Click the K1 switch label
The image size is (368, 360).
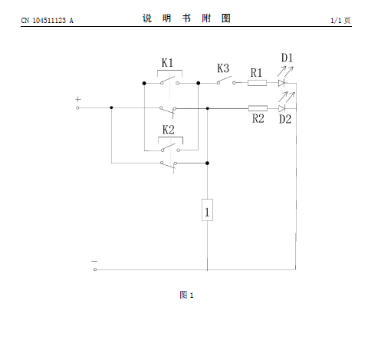167,63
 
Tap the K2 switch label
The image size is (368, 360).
169,130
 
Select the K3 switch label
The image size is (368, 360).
223,68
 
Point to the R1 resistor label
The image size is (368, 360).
256,73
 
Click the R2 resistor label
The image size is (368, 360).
258,119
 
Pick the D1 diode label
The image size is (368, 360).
287,58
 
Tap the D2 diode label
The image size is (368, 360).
285,119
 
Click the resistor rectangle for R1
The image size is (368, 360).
257,83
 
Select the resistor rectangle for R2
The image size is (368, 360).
258,108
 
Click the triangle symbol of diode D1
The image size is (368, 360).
281,83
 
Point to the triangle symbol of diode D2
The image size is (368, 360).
281,109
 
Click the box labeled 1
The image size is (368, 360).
207,210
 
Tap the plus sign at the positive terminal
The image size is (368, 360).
78,99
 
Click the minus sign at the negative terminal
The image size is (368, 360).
94,261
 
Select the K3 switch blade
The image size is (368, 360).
225,79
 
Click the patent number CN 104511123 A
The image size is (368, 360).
48,21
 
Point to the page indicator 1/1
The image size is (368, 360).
336,21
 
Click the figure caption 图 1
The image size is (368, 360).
186,295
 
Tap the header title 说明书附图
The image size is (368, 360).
186,18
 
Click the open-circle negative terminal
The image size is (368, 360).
95,269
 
